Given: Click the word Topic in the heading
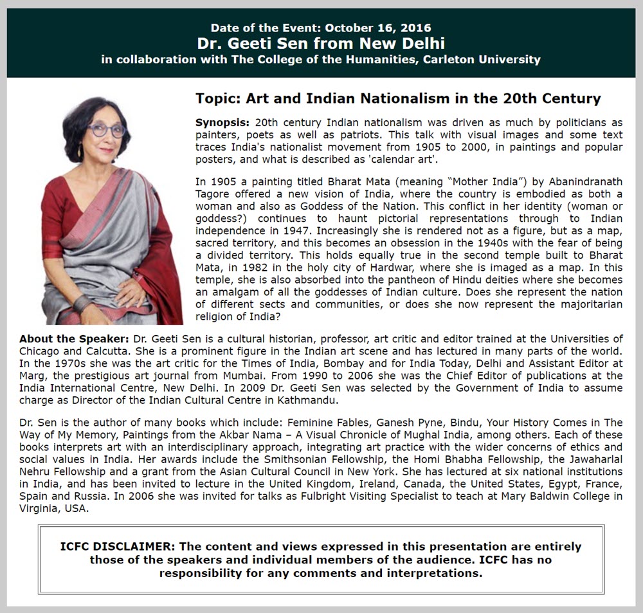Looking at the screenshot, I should tap(217, 99).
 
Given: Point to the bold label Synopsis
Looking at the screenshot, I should tap(222, 122).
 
